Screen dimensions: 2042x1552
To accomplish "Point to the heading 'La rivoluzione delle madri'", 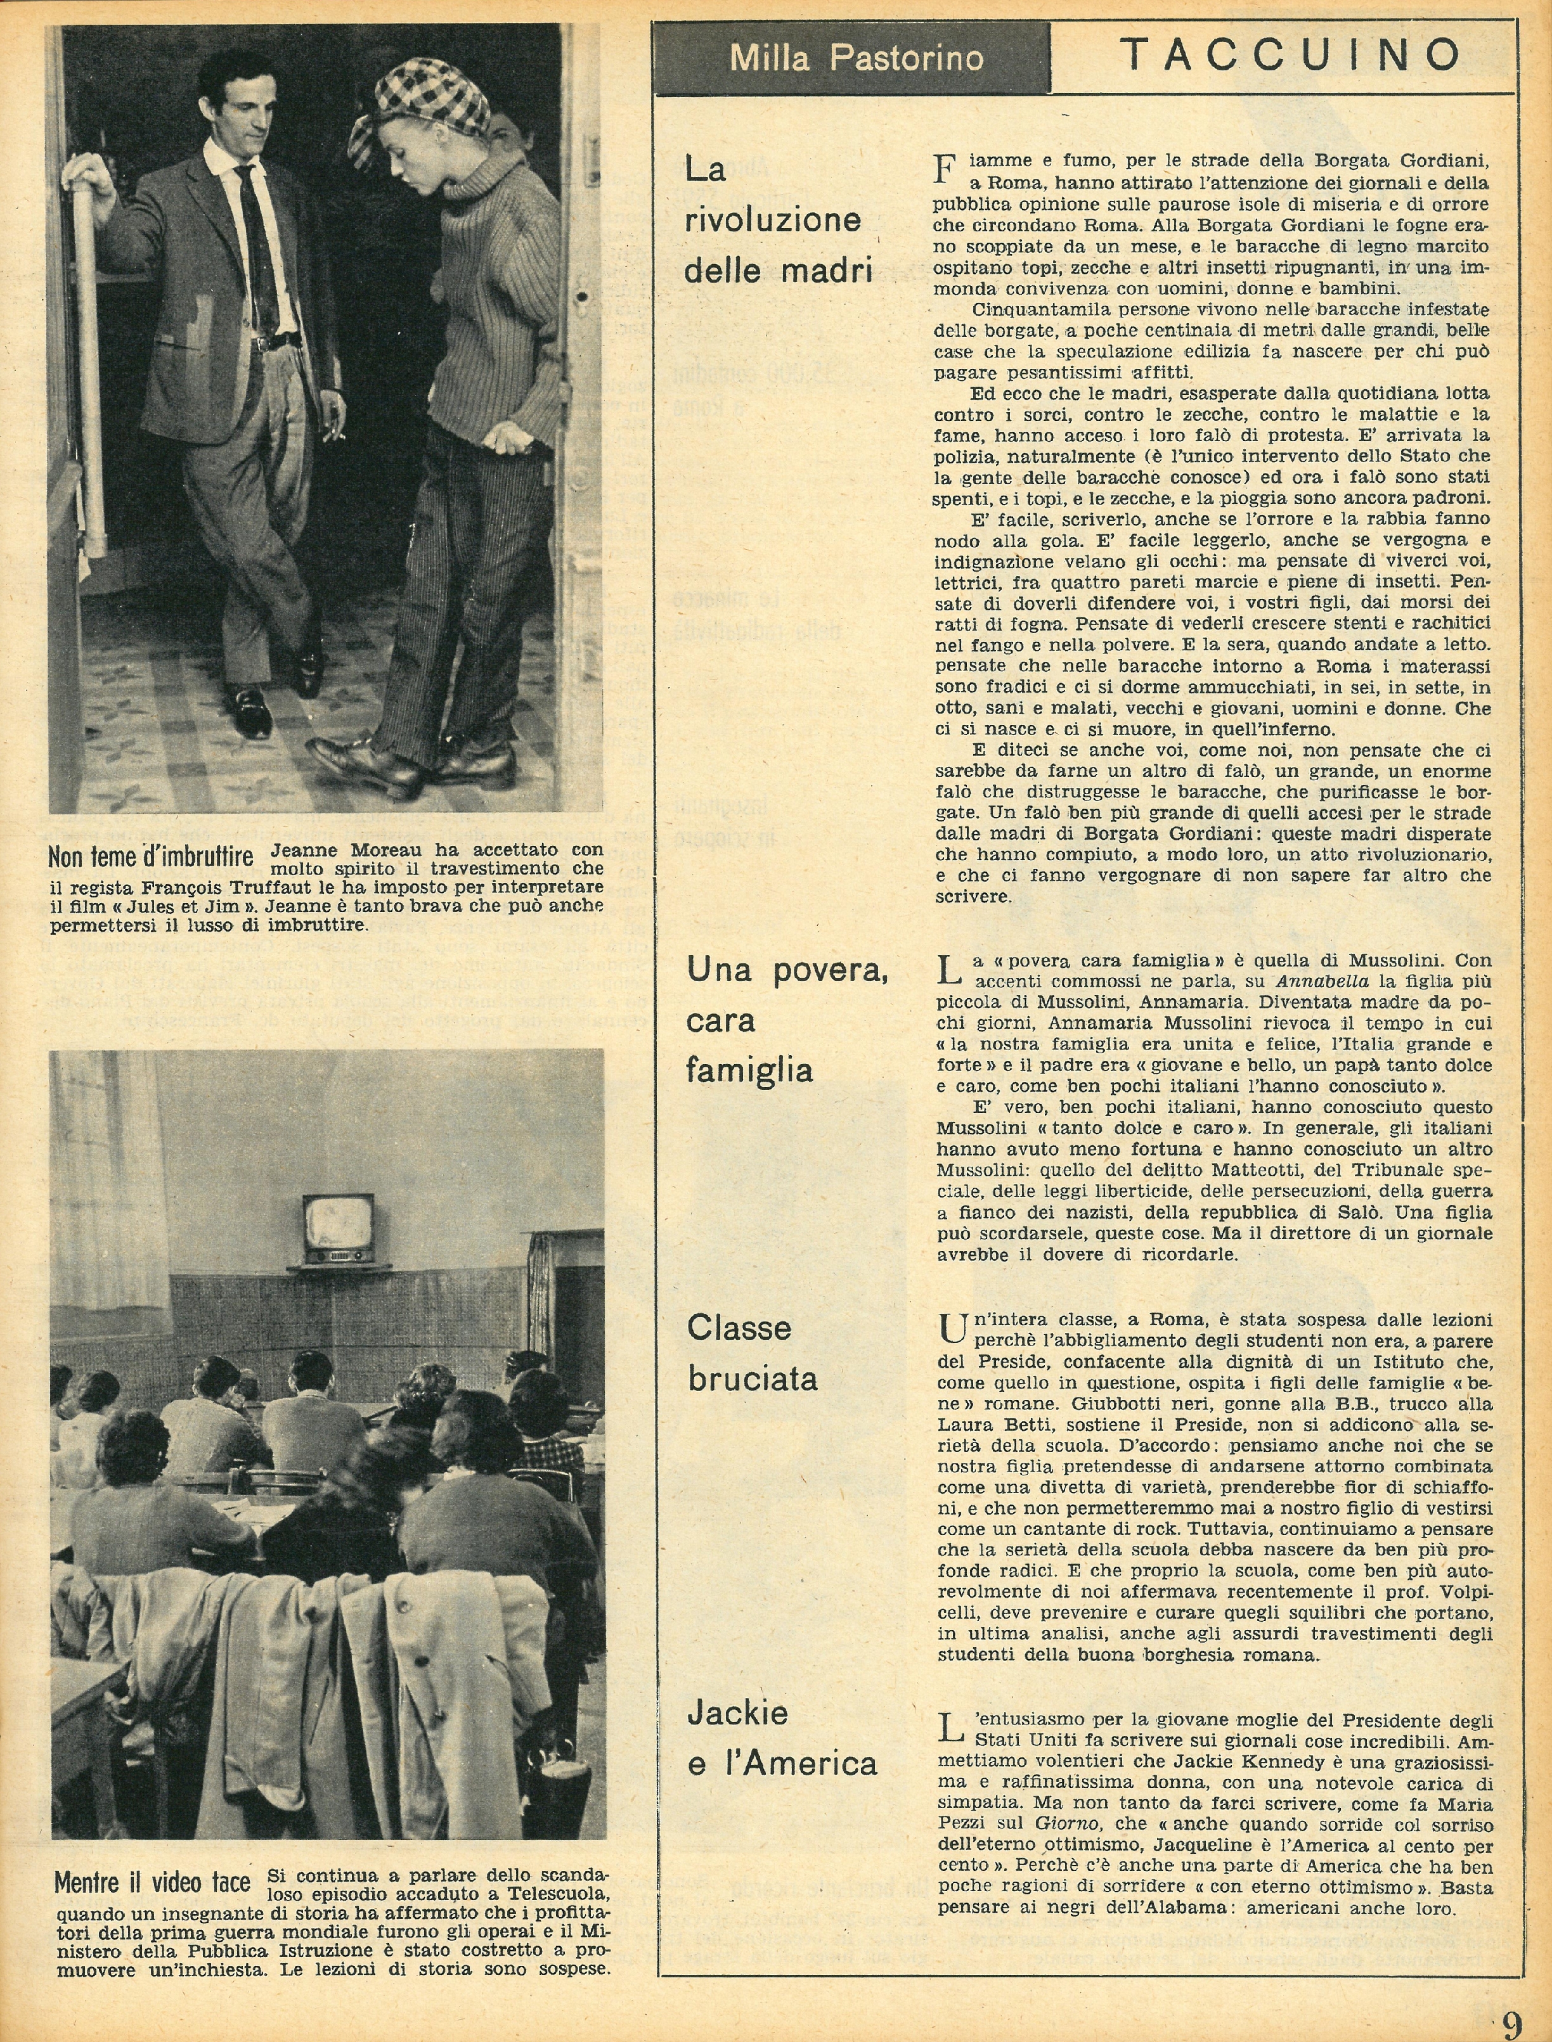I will click(772, 220).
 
